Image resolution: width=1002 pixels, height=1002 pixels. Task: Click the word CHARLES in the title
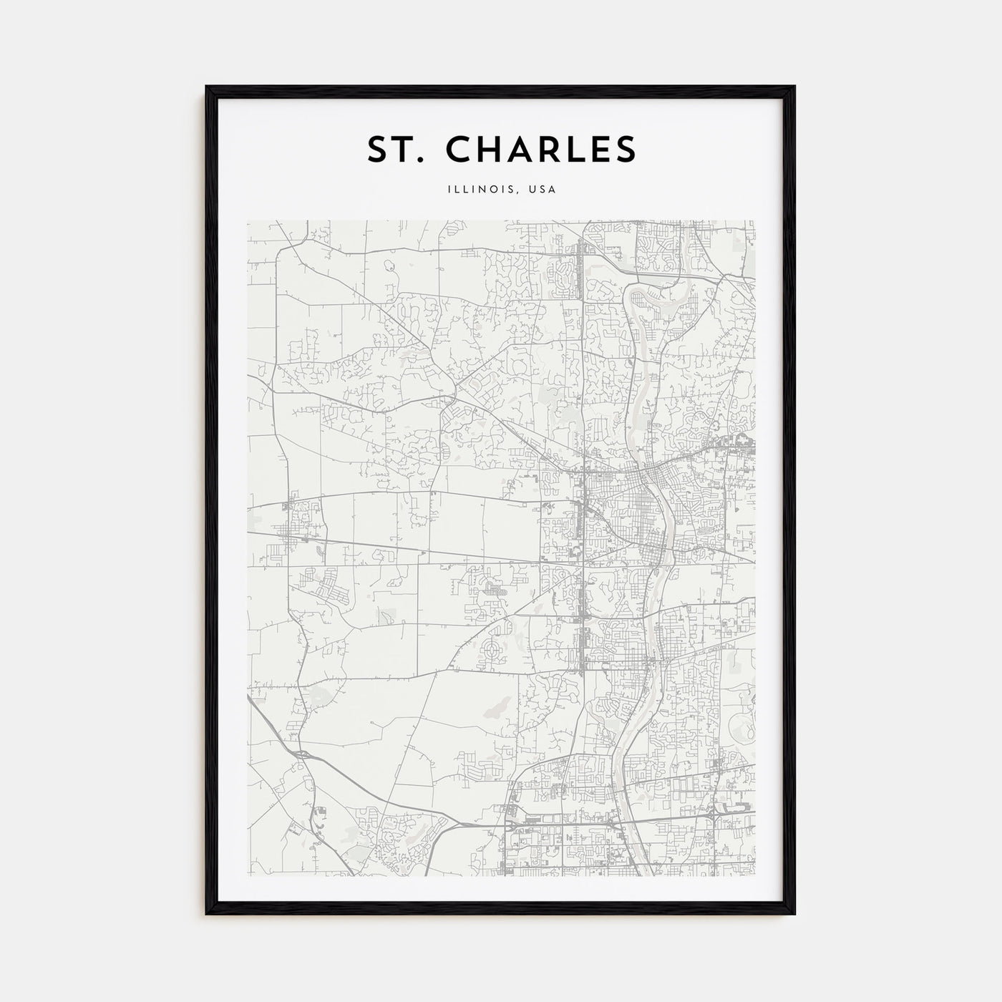point(541,149)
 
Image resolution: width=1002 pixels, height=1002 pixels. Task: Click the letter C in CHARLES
point(460,149)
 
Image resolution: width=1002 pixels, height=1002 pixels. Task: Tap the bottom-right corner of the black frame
point(794,914)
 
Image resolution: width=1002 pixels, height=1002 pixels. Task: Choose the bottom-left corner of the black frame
point(207,914)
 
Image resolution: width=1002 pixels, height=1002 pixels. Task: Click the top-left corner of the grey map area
point(248,220)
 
